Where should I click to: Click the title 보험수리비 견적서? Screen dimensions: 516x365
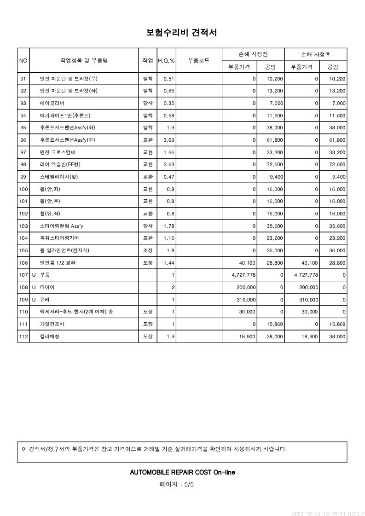(x=182, y=32)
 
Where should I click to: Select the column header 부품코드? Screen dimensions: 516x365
(x=199, y=60)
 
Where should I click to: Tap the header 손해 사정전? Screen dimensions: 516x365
(x=253, y=54)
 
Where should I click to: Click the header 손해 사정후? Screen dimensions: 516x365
(x=315, y=54)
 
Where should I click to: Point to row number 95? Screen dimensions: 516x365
(x=23, y=128)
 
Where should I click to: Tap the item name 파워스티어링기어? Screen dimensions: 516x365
(x=60, y=238)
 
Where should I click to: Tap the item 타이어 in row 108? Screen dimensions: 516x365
(x=47, y=287)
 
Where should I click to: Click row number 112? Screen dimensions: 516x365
(x=23, y=336)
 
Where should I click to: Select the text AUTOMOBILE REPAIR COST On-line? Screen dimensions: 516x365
(x=182, y=472)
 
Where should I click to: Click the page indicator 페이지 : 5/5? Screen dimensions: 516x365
(x=177, y=484)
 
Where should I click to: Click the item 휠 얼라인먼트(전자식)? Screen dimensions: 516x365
(x=64, y=250)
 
